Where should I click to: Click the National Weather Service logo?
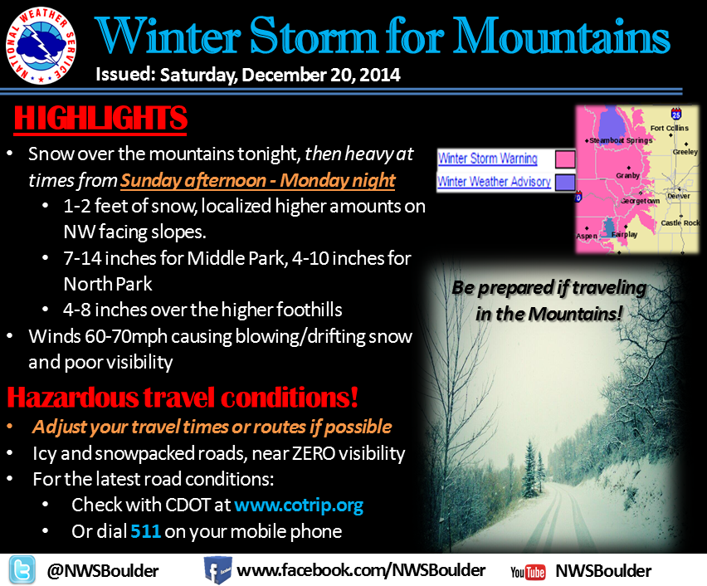pos(41,46)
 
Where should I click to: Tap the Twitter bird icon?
pos(22,570)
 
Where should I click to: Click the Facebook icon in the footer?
pos(217,570)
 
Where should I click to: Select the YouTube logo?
pos(528,572)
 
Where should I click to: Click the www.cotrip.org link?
pos(299,505)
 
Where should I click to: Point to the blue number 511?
pos(146,531)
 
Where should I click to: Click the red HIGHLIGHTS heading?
pos(100,118)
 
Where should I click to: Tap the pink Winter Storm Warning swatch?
pos(565,159)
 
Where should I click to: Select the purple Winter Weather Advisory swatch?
pos(565,183)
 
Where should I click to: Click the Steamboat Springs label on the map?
pos(621,140)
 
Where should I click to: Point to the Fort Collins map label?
pos(669,128)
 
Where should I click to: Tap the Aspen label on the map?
pos(587,236)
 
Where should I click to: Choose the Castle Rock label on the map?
pos(680,222)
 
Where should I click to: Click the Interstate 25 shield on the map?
pos(676,114)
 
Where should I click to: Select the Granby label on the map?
pos(627,175)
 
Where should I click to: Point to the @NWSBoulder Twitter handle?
pos(103,571)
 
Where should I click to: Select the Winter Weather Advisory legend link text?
pos(495,181)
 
